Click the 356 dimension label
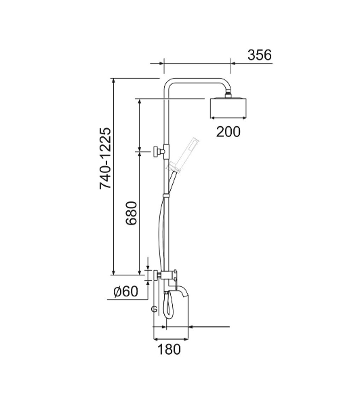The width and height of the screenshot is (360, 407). pyautogui.click(x=260, y=55)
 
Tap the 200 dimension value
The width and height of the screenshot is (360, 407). pyautogui.click(x=228, y=132)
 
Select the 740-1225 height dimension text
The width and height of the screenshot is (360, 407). pyautogui.click(x=105, y=159)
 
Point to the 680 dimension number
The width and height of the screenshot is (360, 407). pyautogui.click(x=132, y=213)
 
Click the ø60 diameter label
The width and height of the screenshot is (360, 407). pyautogui.click(x=126, y=292)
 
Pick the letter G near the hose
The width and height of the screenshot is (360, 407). pyautogui.click(x=154, y=309)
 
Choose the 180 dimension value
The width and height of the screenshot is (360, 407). pyautogui.click(x=169, y=349)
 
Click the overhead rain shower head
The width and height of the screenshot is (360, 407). pyautogui.click(x=228, y=107)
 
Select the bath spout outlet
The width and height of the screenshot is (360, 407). pyautogui.click(x=182, y=291)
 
